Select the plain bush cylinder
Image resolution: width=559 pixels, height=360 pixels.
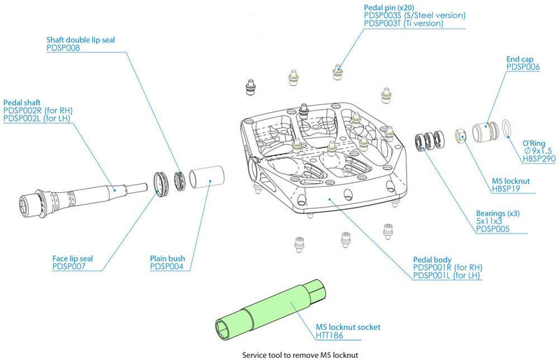point(206,178)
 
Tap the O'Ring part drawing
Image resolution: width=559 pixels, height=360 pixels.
point(508,130)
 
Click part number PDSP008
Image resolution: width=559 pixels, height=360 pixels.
point(65,49)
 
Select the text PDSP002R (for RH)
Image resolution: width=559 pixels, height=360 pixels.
point(38,110)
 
